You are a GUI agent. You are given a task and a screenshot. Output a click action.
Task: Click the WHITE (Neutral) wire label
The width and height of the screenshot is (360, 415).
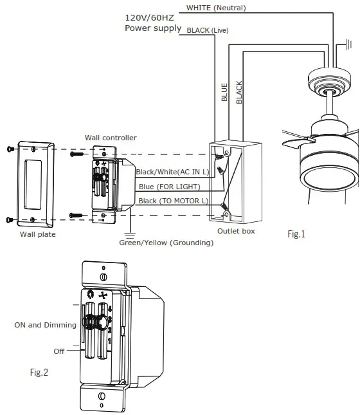pyautogui.click(x=216, y=8)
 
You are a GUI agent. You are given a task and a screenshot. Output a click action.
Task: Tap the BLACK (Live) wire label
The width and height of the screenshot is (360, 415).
pyautogui.click(x=208, y=30)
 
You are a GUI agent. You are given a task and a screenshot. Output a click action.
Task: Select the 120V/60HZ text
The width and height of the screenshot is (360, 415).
pyautogui.click(x=149, y=18)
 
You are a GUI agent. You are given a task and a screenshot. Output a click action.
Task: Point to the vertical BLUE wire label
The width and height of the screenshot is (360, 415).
pyautogui.click(x=224, y=92)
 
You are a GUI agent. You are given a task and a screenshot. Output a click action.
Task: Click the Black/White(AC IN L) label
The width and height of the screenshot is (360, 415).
pyautogui.click(x=172, y=172)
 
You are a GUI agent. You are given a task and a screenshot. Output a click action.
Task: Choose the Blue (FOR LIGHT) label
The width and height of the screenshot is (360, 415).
pyautogui.click(x=169, y=187)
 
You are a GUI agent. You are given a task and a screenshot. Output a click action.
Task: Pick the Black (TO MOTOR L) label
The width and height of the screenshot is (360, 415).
pyautogui.click(x=174, y=201)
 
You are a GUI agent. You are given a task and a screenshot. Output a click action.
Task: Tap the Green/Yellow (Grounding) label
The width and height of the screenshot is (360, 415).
pyautogui.click(x=166, y=243)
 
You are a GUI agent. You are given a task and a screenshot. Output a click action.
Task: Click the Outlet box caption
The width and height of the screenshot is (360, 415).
pyautogui.click(x=236, y=231)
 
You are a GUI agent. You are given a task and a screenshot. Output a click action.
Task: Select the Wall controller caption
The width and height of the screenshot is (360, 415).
pyautogui.click(x=111, y=138)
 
